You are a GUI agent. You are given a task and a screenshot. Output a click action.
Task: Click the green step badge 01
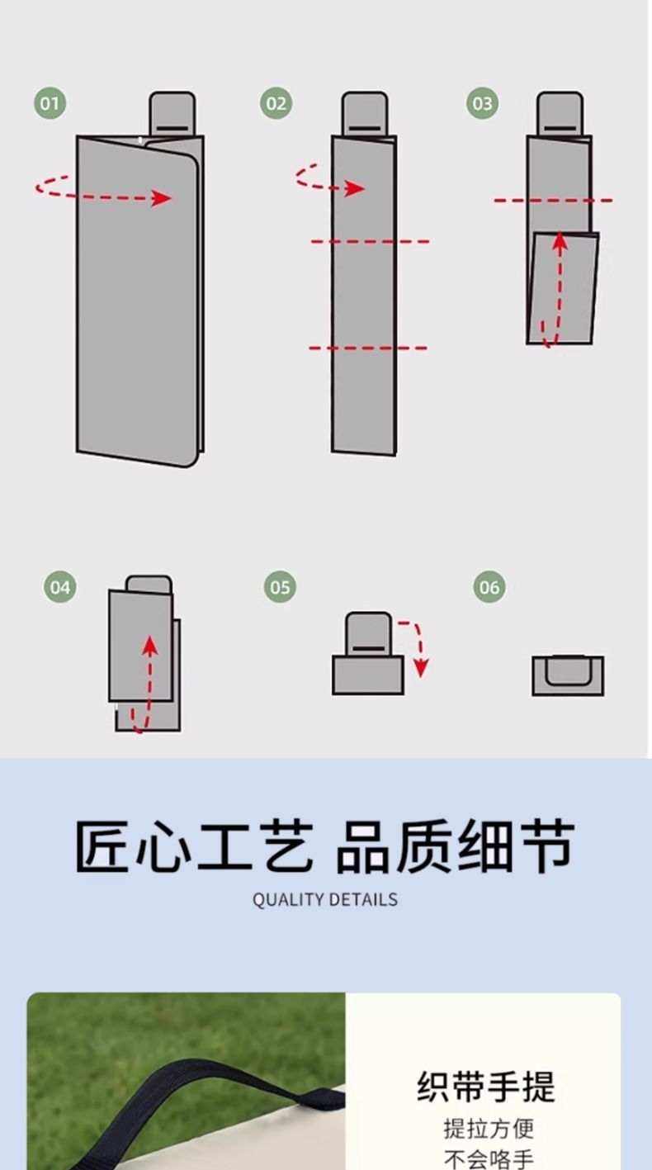point(50,103)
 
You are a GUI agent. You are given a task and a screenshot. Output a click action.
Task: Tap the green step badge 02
point(276,103)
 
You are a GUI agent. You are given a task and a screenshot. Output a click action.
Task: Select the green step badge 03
point(482,103)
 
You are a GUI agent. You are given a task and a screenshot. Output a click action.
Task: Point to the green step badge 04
point(59,587)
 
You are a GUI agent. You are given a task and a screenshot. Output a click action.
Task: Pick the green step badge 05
point(280,587)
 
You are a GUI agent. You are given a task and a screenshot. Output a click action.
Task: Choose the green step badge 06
point(489,587)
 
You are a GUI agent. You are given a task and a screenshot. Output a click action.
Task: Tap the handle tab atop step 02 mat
point(365,113)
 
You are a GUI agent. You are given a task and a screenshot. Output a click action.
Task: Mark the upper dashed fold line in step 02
point(370,241)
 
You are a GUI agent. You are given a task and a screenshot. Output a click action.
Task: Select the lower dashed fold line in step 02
point(369,348)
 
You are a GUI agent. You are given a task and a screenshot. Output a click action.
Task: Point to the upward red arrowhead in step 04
point(149,643)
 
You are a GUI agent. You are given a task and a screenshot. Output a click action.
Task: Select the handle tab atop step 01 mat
point(172,113)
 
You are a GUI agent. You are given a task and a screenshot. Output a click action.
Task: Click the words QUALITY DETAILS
point(325,899)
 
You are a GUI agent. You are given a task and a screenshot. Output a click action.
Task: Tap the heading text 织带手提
point(486,1087)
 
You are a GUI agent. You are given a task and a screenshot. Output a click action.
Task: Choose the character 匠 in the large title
point(104,846)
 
